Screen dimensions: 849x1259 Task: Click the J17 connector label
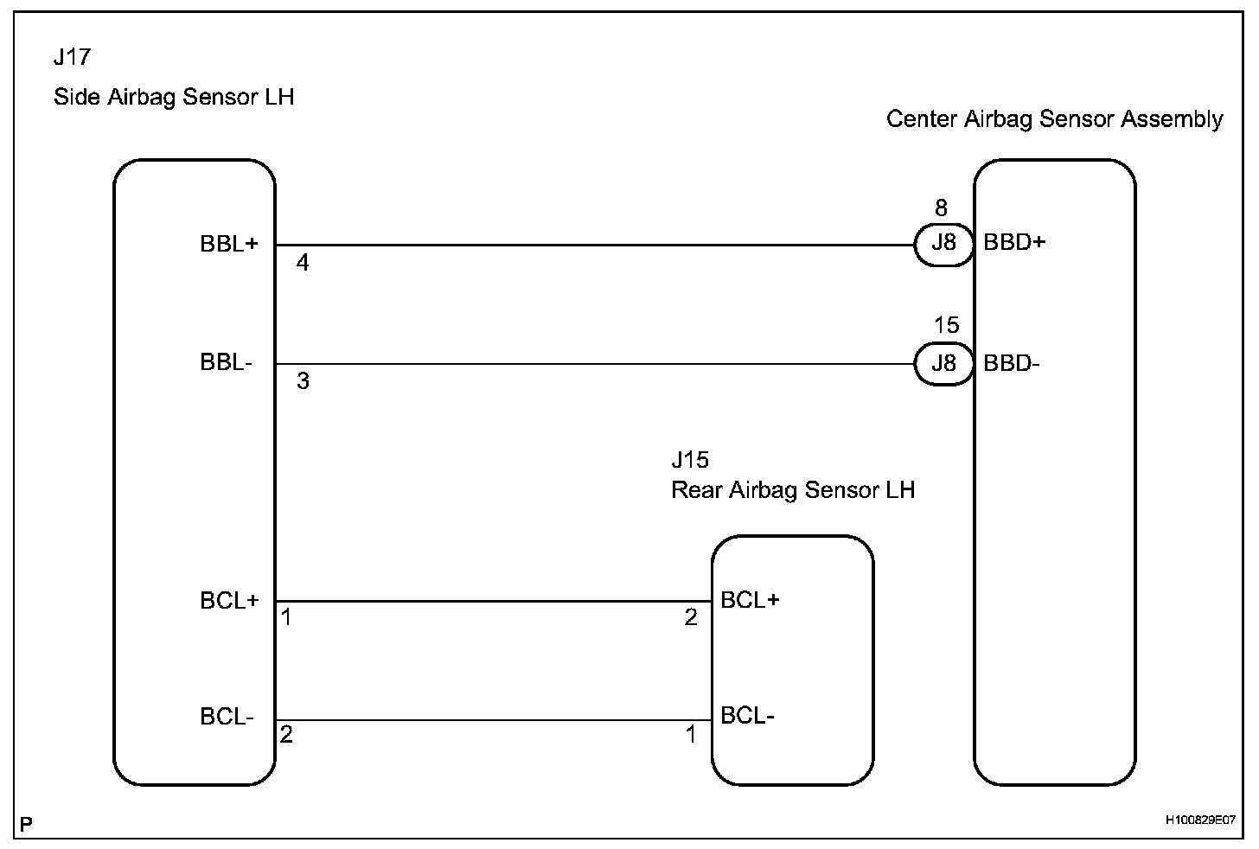[71, 58]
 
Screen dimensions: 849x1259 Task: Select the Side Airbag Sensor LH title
[174, 97]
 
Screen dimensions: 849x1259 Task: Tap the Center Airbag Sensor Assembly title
[1054, 119]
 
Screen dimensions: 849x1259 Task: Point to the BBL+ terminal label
[229, 244]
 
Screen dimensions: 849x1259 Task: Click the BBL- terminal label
[226, 362]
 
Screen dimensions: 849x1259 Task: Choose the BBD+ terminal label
[1014, 242]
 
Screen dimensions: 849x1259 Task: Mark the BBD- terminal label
[1011, 363]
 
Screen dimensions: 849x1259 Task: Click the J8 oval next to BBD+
[943, 243]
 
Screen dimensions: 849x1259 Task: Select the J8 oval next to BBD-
[943, 363]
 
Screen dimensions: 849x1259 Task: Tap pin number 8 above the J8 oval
[941, 207]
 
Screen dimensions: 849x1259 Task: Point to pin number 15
[946, 325]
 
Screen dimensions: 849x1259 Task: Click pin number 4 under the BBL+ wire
[303, 263]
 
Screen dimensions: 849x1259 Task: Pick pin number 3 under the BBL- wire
[303, 381]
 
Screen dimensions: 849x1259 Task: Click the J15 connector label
[689, 459]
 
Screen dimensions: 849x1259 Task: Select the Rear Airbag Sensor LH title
[792, 490]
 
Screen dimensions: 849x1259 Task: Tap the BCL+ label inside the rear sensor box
[750, 600]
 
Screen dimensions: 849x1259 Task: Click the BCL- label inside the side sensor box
[227, 717]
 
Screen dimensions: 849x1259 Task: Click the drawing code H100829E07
[1199, 819]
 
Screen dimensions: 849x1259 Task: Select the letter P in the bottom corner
[26, 825]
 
